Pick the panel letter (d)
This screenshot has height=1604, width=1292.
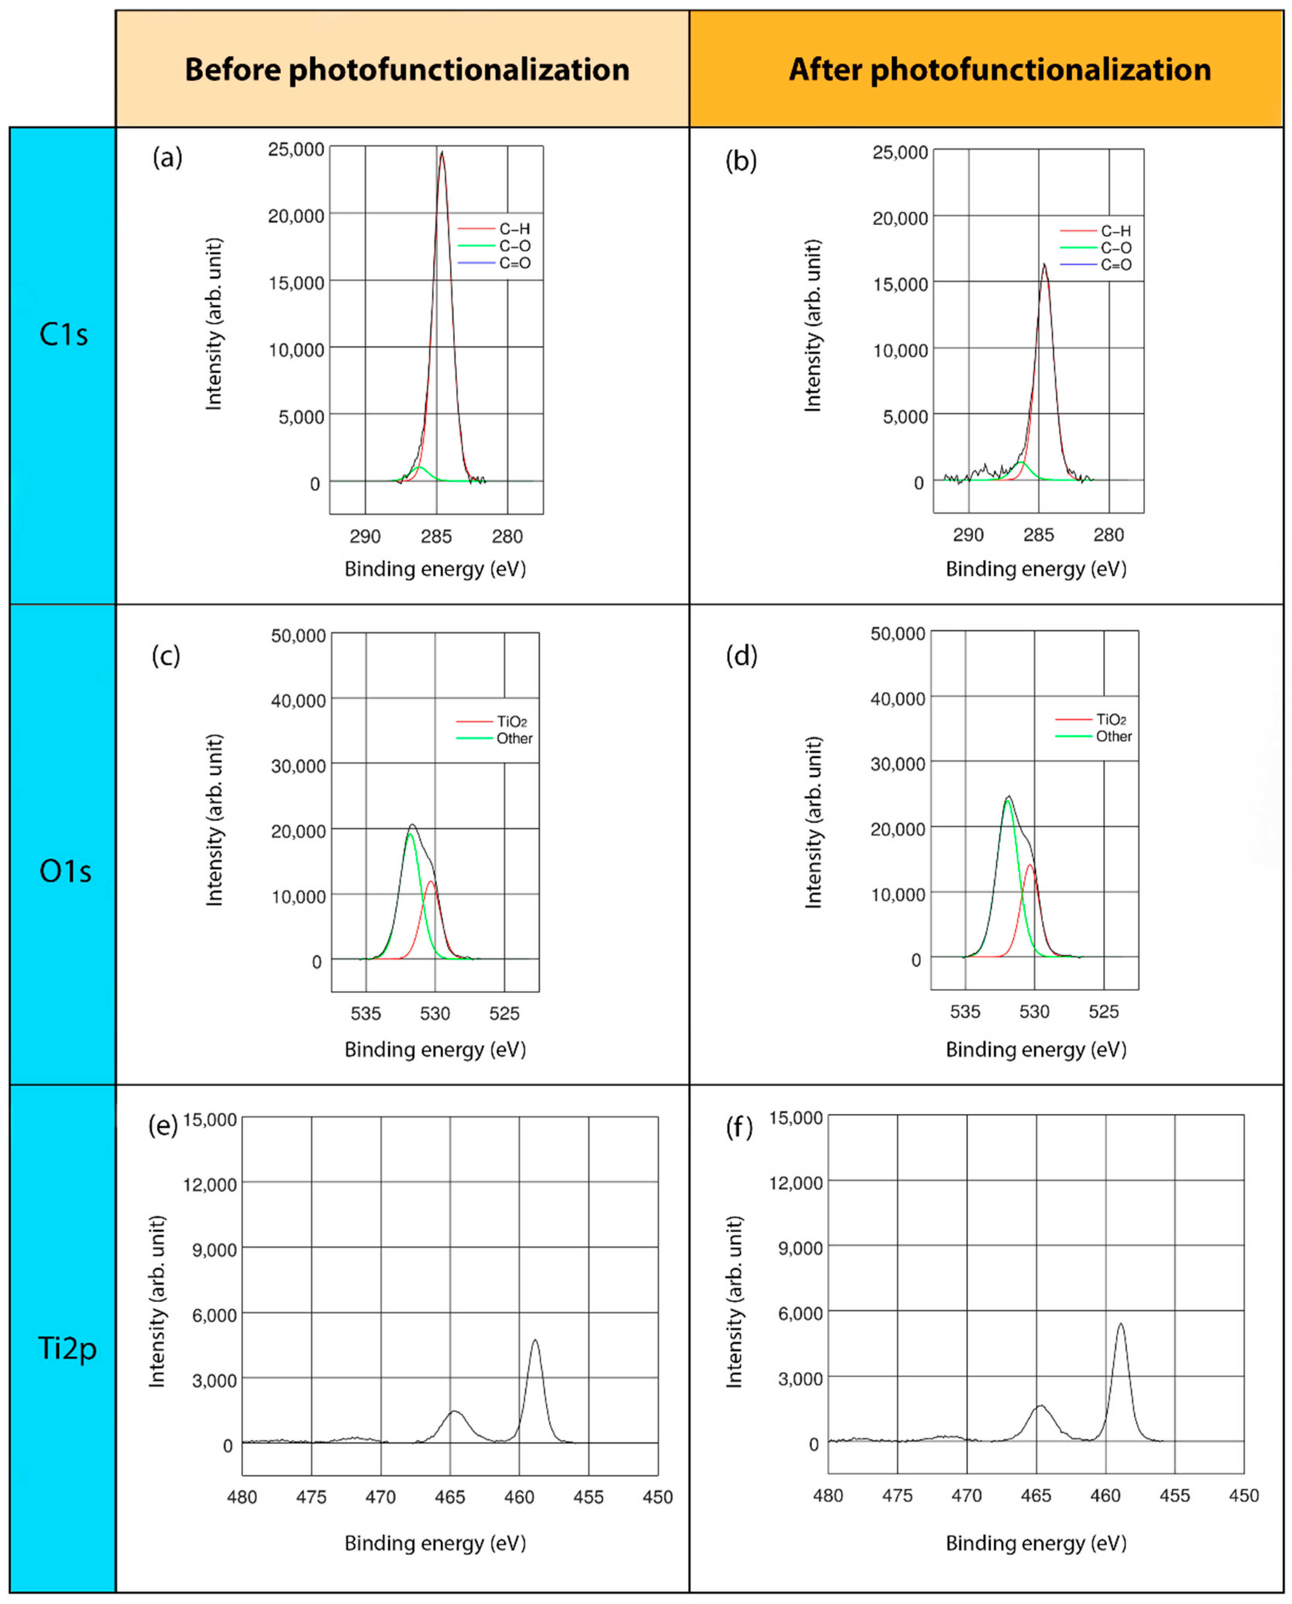tap(741, 656)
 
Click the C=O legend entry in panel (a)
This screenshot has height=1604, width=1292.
tap(513, 263)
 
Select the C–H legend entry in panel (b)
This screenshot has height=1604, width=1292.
tap(1115, 231)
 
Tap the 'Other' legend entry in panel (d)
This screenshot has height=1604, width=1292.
tap(1113, 736)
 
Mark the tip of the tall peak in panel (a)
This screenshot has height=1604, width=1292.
tap(442, 153)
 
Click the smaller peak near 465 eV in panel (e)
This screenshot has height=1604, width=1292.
tap(454, 1411)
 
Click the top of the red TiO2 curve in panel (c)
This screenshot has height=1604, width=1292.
tap(430, 882)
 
